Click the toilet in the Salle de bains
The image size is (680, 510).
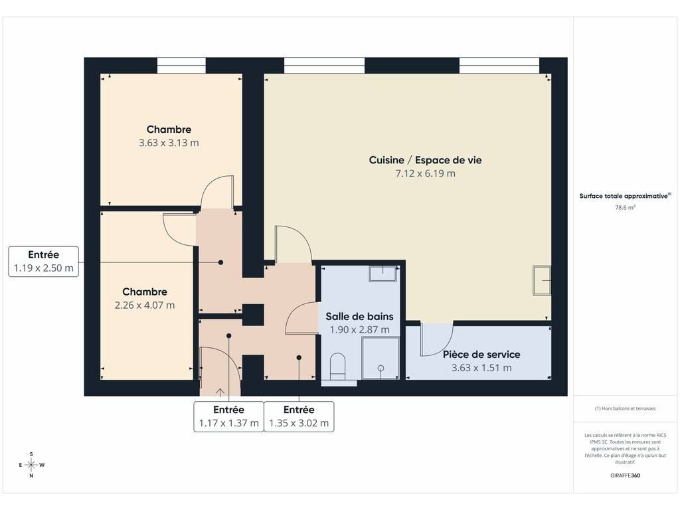tap(338, 366)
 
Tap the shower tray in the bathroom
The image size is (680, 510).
tap(381, 358)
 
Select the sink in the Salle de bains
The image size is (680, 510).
tap(382, 274)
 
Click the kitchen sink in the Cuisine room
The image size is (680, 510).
tap(542, 280)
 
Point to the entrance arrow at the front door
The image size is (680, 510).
tap(220, 392)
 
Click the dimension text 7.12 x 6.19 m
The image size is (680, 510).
tap(425, 173)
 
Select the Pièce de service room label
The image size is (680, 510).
tap(481, 355)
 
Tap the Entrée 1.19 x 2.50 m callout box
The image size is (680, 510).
tap(43, 262)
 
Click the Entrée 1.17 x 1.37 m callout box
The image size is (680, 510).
tap(228, 416)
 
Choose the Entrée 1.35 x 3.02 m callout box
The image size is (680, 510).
tap(299, 416)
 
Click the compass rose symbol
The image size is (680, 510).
tap(31, 465)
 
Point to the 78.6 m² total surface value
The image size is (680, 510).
tap(625, 207)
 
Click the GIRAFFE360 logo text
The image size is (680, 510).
tap(625, 475)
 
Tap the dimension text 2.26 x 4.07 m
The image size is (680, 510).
tap(145, 305)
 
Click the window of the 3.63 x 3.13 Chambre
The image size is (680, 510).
tap(181, 66)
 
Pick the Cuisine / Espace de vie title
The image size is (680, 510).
tap(425, 160)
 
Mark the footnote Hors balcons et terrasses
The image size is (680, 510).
tap(625, 408)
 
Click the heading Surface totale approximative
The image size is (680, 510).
tap(625, 196)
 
